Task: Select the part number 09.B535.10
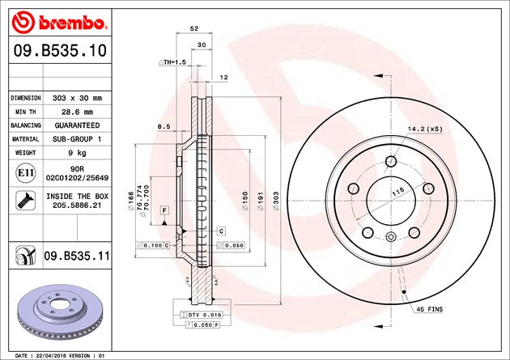(60, 51)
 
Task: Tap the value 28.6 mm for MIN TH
(77, 112)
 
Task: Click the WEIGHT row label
(25, 153)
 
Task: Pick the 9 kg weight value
(77, 153)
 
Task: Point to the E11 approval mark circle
(25, 173)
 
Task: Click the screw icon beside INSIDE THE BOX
(25, 201)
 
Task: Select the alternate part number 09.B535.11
(77, 256)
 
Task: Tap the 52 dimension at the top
(194, 28)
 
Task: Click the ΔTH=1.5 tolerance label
(172, 62)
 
